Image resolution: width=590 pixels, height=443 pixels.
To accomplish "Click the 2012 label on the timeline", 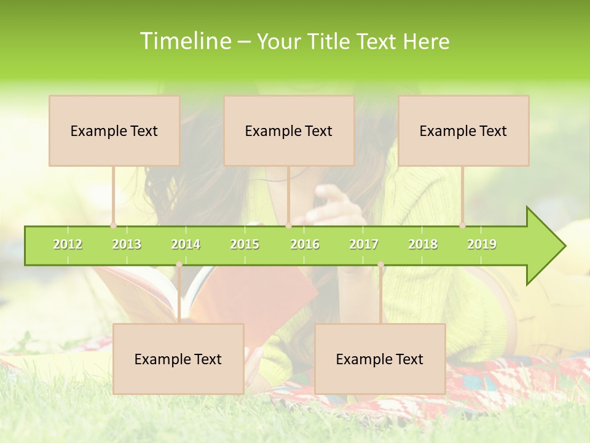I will point(68,244).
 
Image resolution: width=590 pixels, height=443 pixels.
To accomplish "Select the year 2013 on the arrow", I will point(127,244).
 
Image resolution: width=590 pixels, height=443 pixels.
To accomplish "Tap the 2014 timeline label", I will point(186,244).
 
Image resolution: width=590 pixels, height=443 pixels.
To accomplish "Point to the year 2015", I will point(245,244).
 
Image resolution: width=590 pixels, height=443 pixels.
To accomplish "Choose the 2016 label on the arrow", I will point(305,244).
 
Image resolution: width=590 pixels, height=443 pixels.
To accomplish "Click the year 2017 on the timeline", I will point(364,244).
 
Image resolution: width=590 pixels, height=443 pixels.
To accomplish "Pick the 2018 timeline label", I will point(423,244).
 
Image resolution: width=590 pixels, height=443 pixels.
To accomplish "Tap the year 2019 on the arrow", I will point(482,244).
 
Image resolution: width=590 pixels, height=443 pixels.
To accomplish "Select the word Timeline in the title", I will point(184,41).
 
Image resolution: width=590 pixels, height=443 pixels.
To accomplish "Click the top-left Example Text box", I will point(114,130).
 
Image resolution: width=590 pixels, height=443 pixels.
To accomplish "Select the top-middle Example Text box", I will point(289,130).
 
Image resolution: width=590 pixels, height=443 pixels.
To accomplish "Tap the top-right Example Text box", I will point(463,130).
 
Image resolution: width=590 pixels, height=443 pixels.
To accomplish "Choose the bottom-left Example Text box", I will point(178,359).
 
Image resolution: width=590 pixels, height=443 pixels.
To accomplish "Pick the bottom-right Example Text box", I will point(380,359).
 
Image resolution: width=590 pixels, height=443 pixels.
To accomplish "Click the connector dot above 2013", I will point(114,225).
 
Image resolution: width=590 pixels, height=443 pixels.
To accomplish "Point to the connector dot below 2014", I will point(179,265).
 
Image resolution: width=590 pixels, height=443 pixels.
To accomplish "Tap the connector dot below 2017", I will point(380,265).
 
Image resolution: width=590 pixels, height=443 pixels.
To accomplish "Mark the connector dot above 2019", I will point(463,225).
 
